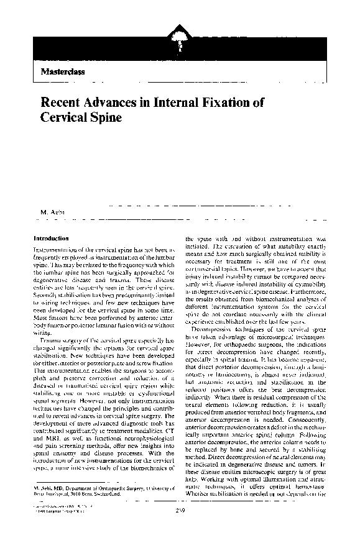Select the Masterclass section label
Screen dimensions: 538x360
pyautogui.click(x=63, y=71)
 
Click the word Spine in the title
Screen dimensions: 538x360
pyautogui.click(x=105, y=117)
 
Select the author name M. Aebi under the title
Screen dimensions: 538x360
pyautogui.click(x=52, y=214)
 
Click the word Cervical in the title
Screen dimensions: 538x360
pyautogui.click(x=63, y=117)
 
